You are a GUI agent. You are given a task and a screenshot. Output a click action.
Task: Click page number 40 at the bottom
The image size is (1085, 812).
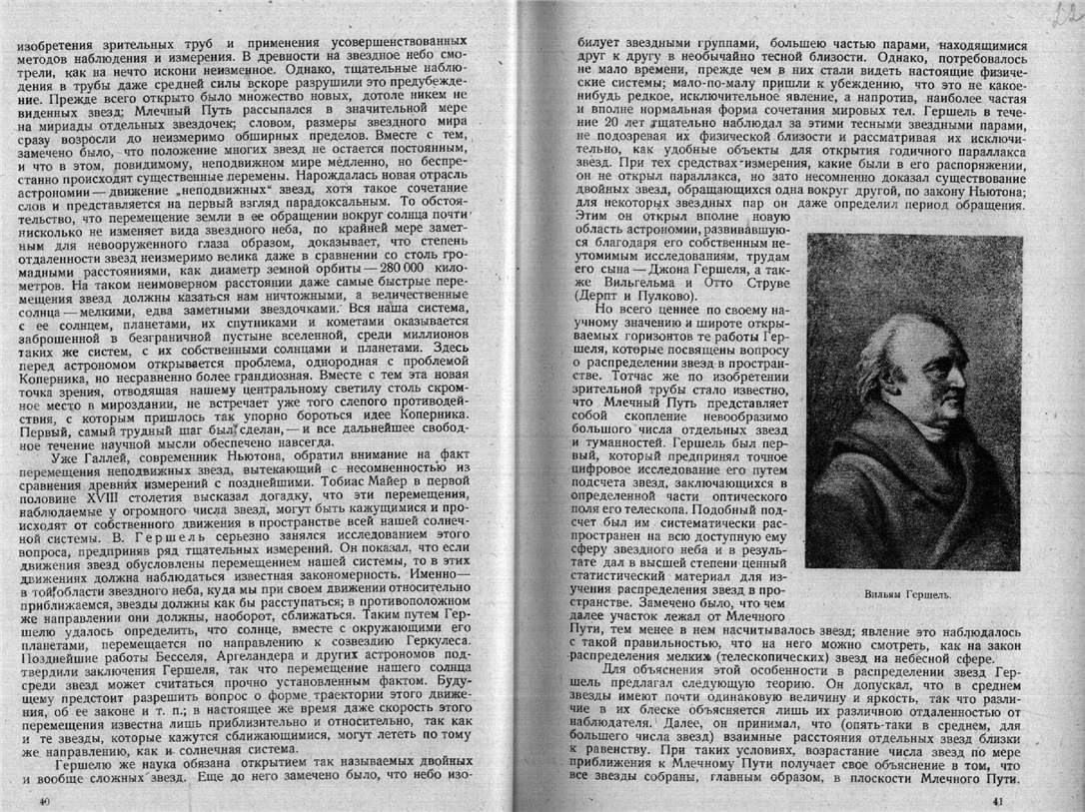pos(42,801)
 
